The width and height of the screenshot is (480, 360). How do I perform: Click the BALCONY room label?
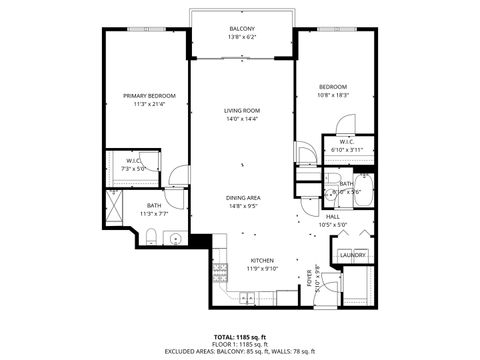242,29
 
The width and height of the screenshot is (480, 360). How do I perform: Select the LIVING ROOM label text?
242,110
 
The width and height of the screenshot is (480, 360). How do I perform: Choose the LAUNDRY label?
352,255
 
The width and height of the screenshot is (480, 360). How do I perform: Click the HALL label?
333,217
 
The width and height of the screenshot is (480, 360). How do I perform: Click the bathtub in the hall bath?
361,190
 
